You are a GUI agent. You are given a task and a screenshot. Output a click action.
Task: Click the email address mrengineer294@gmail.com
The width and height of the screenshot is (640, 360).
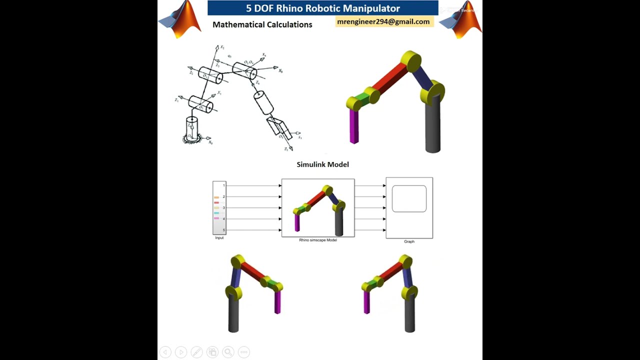tap(383, 22)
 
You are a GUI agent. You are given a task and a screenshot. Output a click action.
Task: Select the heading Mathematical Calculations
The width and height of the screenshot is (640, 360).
tap(262, 24)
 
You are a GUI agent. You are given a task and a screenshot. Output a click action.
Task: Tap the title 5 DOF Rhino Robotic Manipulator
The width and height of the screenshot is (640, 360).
tap(323, 8)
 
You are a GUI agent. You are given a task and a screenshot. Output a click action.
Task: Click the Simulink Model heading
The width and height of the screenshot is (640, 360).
tap(322, 164)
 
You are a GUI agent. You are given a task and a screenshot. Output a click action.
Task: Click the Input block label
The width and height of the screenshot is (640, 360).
tap(219, 238)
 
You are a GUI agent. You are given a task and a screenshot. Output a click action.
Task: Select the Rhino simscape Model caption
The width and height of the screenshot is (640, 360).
tap(318, 240)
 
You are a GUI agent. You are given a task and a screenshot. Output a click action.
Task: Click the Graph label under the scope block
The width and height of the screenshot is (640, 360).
tap(409, 241)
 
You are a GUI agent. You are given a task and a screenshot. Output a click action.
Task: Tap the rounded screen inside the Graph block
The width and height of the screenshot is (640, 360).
tap(409, 198)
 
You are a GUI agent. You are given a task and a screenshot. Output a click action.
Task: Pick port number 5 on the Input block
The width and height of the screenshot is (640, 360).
tap(223, 230)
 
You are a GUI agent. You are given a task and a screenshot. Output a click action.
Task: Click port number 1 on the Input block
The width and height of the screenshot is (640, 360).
tap(223, 185)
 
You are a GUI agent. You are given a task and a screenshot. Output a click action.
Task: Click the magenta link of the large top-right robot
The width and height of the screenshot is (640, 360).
tap(354, 126)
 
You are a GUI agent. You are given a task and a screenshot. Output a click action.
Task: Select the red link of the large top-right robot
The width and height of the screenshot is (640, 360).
tap(390, 79)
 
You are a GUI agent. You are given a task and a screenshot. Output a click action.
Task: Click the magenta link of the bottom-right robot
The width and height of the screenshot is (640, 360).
tap(366, 302)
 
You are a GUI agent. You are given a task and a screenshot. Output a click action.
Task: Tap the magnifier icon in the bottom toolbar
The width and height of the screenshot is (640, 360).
tap(228, 352)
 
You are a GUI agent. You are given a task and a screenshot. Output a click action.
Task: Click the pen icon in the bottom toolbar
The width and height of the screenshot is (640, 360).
tap(196, 352)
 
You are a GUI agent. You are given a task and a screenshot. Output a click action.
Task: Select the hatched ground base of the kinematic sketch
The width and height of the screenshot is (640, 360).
tap(191, 139)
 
